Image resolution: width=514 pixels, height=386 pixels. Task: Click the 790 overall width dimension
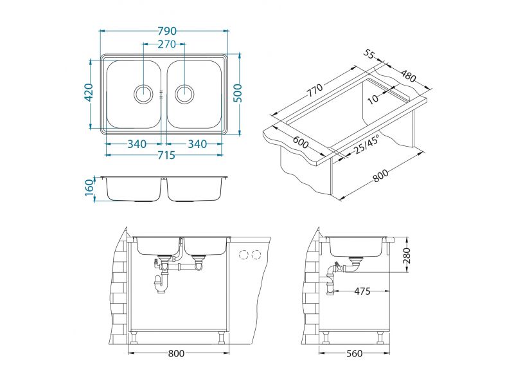[x=167, y=31]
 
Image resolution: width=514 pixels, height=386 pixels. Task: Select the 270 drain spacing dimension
[x=167, y=44]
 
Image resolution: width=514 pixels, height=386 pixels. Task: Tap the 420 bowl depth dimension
[x=89, y=93]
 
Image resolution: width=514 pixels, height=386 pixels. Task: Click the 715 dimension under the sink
[x=166, y=155]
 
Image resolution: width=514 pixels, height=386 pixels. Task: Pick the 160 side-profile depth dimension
[x=89, y=188]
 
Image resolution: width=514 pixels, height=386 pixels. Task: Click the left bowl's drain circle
[x=143, y=94]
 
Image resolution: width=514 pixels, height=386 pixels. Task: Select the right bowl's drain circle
[x=184, y=94]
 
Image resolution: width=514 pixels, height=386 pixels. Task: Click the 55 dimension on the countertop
[x=369, y=54]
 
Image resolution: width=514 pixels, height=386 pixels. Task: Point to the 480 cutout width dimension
[x=408, y=76]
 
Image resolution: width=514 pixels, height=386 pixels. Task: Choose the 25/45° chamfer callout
[x=366, y=145]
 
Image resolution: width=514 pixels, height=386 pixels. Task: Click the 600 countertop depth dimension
[x=300, y=142]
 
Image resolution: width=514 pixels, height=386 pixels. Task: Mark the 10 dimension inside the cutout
[x=373, y=98]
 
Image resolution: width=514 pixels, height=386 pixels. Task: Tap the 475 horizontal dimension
[x=362, y=291]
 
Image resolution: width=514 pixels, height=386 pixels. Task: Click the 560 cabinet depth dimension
[x=355, y=353]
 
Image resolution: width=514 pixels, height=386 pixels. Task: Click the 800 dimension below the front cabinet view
[x=176, y=353]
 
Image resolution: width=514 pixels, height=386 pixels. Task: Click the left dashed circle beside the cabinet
[x=244, y=254]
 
